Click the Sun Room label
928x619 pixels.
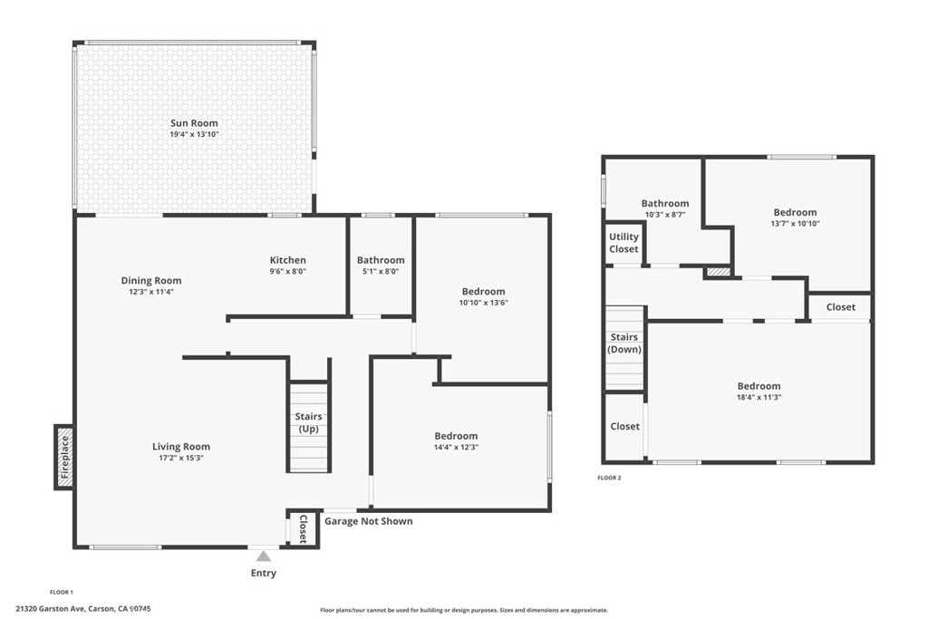(194, 123)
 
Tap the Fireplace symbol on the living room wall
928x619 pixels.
(64, 457)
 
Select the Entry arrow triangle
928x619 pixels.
(264, 556)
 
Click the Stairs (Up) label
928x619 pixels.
(308, 422)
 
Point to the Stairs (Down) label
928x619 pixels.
(624, 343)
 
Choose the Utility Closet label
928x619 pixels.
(623, 243)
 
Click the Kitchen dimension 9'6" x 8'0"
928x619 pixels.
(287, 272)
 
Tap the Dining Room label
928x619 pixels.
(151, 281)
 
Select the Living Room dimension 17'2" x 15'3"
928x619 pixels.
(181, 458)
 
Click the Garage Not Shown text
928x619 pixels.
(369, 521)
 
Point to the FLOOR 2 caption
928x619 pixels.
(610, 478)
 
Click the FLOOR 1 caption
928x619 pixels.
(62, 592)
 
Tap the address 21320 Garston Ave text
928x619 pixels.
(51, 608)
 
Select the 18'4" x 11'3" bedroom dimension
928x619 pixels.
(759, 397)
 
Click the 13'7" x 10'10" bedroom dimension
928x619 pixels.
(796, 224)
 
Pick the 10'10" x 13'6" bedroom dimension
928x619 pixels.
(484, 303)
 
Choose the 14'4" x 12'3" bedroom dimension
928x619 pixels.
(457, 448)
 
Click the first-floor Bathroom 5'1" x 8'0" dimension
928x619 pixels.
(381, 272)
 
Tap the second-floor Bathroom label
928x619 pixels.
(665, 203)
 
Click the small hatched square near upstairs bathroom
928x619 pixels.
(716, 272)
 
